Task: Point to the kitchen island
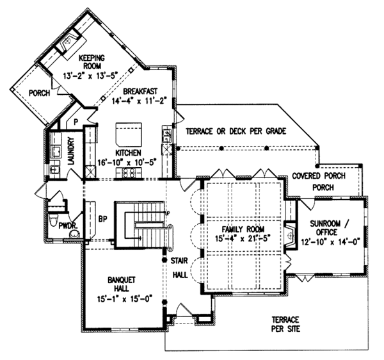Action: click(x=124, y=135)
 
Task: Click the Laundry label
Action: click(x=72, y=149)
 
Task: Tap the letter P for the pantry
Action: click(x=75, y=120)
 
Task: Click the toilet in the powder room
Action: click(x=57, y=204)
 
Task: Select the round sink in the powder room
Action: click(x=76, y=234)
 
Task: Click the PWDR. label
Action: click(x=68, y=225)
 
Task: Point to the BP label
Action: click(x=102, y=217)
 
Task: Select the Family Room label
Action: click(x=243, y=229)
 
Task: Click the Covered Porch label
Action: click(x=318, y=176)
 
